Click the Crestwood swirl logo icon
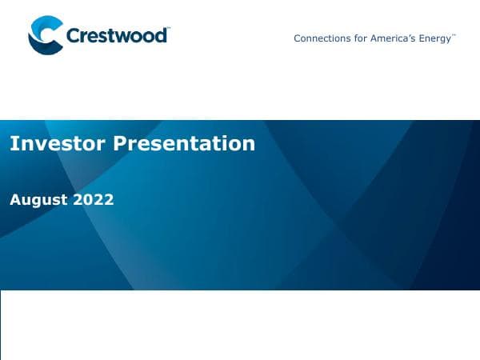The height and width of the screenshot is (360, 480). (45, 35)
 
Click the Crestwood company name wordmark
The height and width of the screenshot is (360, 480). (117, 36)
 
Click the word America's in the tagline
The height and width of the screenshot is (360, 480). (392, 38)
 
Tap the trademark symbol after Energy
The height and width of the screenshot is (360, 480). (454, 35)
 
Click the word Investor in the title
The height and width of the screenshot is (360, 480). (58, 143)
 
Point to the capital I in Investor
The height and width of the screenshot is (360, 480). (13, 143)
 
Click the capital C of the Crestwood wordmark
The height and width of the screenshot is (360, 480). (73, 36)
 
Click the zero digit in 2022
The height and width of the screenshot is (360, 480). (88, 200)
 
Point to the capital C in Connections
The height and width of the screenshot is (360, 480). (298, 38)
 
